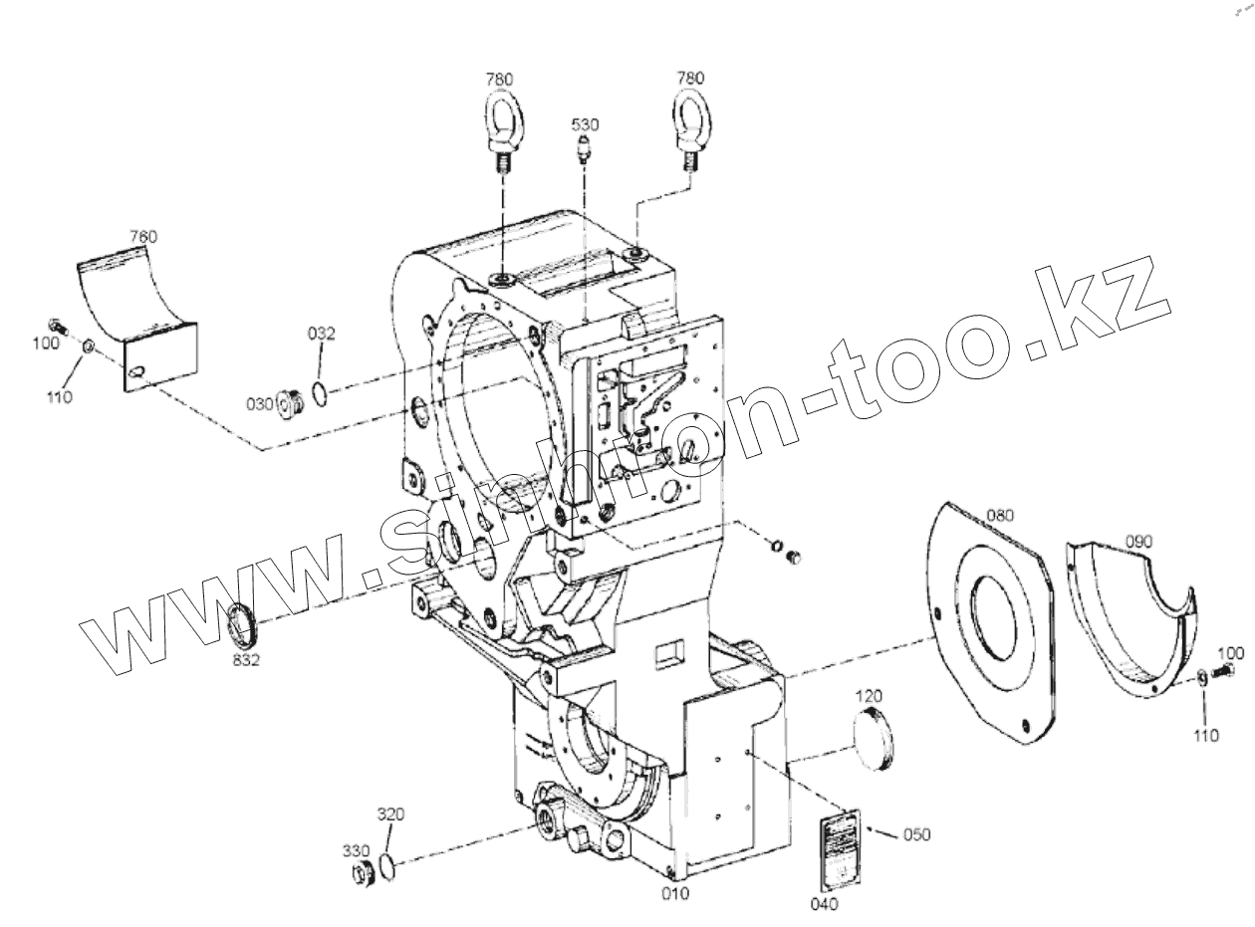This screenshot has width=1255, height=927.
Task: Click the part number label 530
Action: coord(585,124)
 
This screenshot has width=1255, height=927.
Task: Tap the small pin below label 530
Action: coord(585,151)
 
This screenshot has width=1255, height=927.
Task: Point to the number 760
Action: coord(143,237)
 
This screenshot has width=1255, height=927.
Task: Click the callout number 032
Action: coord(321,335)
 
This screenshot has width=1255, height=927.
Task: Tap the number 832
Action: coord(244,660)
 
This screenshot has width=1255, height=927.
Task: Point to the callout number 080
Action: coord(1000,516)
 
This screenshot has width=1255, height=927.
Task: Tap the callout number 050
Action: coord(916,834)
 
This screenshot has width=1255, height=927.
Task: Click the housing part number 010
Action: coord(675,893)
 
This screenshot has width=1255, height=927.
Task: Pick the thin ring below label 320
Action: coord(390,865)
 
